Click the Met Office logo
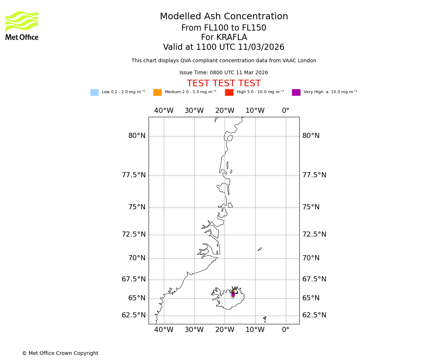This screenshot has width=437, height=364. pos(22,25)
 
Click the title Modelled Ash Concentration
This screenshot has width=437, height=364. pos(224,17)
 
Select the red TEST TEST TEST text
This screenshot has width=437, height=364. pos(224,84)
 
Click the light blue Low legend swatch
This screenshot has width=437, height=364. pos(94,92)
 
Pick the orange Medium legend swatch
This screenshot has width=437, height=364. pos(157,92)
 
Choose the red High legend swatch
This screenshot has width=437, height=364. pos(229,92)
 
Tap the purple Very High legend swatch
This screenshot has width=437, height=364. pos(296,92)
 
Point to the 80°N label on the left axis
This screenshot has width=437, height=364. pos(137,136)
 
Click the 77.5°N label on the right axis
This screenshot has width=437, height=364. pos(314,175)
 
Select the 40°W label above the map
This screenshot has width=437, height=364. pos(164,111)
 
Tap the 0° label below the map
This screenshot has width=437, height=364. pos(286,330)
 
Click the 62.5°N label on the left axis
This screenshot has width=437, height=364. pos(134,315)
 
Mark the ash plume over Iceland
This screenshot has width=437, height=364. pos(233,294)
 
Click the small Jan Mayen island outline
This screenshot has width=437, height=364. pos(260,249)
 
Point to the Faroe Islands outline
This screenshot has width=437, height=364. pos(265,319)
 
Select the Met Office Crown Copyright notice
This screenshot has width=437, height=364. pos(60,353)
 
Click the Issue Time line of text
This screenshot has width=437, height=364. pos(224,73)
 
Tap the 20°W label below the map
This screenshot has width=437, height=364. pos(225,330)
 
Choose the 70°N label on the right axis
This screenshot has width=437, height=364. pos(311,258)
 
